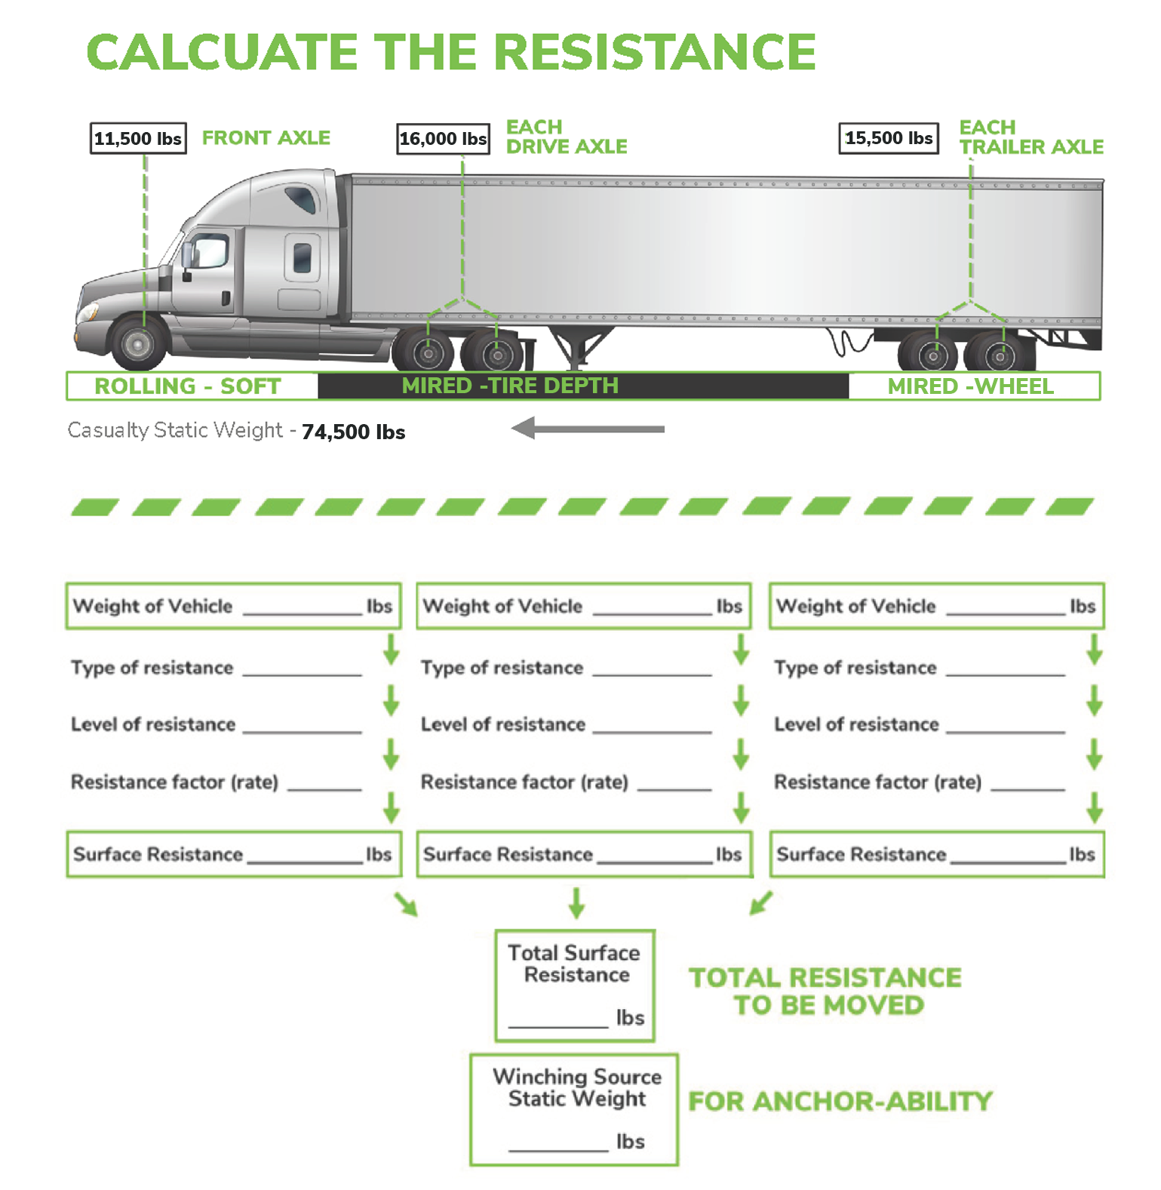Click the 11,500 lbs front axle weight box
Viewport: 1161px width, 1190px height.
point(138,139)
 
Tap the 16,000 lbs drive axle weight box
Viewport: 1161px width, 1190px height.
point(443,139)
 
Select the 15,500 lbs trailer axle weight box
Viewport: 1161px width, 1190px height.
point(889,138)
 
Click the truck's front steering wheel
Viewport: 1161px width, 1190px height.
point(139,343)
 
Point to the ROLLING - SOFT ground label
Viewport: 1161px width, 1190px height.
point(188,386)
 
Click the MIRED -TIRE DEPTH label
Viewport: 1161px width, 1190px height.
point(510,386)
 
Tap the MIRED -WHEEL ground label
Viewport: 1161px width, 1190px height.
point(970,386)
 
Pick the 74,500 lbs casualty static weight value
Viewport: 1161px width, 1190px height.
point(353,432)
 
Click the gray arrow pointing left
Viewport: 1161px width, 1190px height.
point(588,429)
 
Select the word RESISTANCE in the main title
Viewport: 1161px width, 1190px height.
point(655,52)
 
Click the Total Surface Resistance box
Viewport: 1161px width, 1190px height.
point(575,986)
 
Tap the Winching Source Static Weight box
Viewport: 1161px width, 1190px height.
point(574,1109)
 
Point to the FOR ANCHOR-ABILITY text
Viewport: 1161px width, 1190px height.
point(840,1101)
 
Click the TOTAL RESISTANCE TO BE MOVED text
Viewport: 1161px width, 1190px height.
point(825,991)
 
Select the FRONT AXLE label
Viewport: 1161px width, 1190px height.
point(266,138)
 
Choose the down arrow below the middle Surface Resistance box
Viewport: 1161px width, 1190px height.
point(576,902)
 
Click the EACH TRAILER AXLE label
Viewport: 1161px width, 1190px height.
point(1030,137)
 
